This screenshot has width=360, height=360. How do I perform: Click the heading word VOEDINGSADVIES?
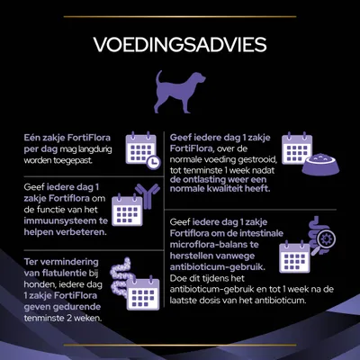[x=180, y=45]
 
